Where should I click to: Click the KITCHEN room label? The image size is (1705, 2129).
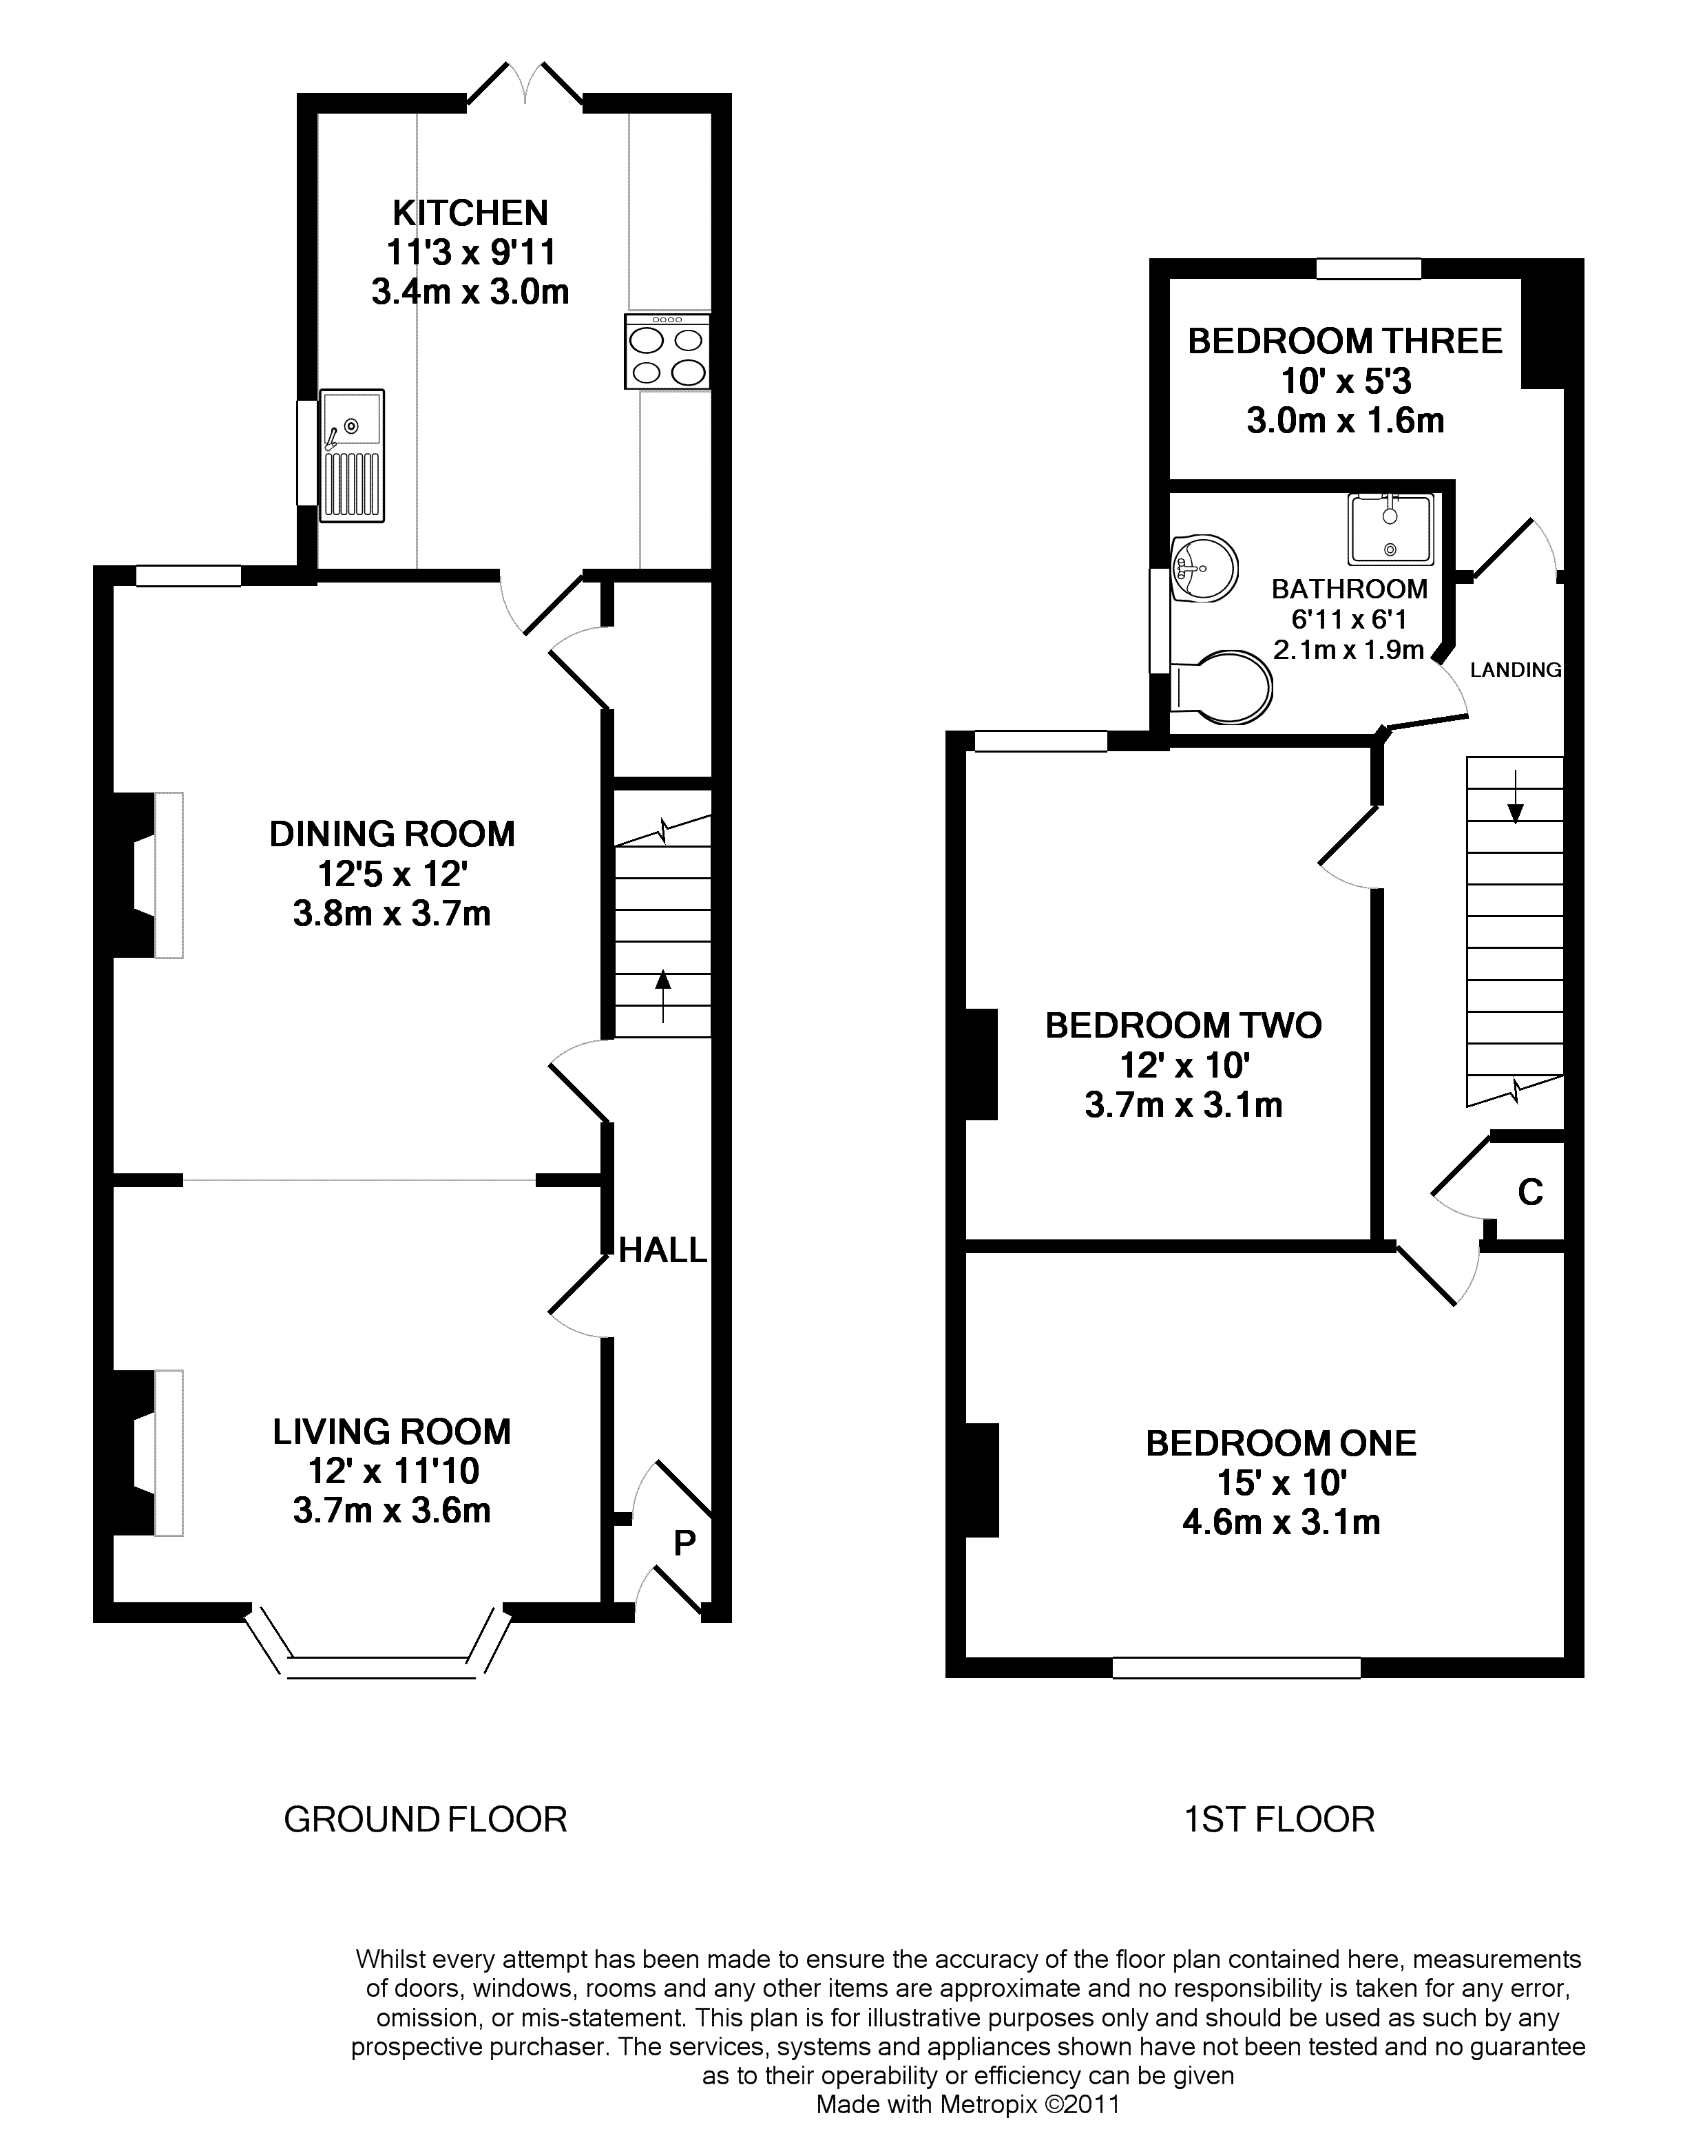click(x=470, y=213)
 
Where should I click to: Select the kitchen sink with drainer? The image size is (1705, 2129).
click(x=352, y=455)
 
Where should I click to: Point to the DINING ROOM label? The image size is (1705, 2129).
click(x=393, y=835)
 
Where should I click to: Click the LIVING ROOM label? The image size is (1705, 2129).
click(x=393, y=1431)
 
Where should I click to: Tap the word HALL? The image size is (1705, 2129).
click(x=663, y=1251)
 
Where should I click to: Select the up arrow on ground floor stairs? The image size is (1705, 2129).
click(x=662, y=997)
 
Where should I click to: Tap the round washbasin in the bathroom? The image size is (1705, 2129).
click(x=1204, y=568)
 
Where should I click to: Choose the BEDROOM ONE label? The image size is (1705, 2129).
click(x=1282, y=1444)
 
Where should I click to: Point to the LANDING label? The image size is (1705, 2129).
click(x=1516, y=671)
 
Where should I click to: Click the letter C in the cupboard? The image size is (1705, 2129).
click(x=1530, y=1193)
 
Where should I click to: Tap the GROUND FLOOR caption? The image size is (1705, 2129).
click(x=426, y=1820)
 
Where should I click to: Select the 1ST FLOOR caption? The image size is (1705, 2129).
click(x=1279, y=1820)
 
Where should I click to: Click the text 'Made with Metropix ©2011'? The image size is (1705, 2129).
click(x=968, y=2104)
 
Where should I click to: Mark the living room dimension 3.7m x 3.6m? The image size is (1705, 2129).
click(x=393, y=1511)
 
